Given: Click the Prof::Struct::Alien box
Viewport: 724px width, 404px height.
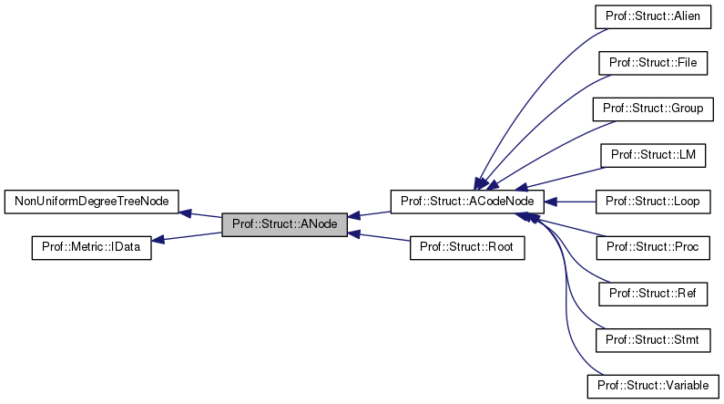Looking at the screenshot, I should pyautogui.click(x=653, y=16).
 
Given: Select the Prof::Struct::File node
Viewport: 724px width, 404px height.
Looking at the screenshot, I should pyautogui.click(x=652, y=62).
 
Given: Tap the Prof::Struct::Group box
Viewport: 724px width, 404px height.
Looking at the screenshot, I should pyautogui.click(x=652, y=109).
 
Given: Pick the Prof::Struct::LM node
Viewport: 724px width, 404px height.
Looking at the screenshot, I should pyautogui.click(x=652, y=155).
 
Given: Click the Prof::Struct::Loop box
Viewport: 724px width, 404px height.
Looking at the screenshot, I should pyautogui.click(x=652, y=201).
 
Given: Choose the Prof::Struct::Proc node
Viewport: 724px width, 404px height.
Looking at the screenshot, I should pyautogui.click(x=652, y=247).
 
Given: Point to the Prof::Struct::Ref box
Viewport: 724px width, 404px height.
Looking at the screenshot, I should pyautogui.click(x=652, y=293).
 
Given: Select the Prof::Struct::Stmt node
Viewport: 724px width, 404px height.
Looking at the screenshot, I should pyautogui.click(x=652, y=339).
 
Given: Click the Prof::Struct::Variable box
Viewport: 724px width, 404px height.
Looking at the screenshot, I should pyautogui.click(x=652, y=386).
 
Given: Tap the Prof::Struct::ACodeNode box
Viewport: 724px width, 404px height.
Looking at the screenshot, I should pyautogui.click(x=467, y=201).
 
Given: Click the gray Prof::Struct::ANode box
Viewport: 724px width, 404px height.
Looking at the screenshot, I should pyautogui.click(x=285, y=223).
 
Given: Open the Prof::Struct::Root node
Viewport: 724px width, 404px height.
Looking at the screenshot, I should pyautogui.click(x=467, y=247).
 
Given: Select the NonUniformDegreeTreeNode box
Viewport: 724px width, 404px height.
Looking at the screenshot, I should pyautogui.click(x=91, y=201).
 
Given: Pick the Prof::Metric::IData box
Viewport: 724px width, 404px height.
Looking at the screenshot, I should pyautogui.click(x=91, y=247).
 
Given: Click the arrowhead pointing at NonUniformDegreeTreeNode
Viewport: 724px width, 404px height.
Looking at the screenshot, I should pyautogui.click(x=185, y=212).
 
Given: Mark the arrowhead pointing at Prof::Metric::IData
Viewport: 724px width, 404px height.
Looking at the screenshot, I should pyautogui.click(x=158, y=240).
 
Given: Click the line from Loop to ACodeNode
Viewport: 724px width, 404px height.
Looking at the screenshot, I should pyautogui.click(x=574, y=201).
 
